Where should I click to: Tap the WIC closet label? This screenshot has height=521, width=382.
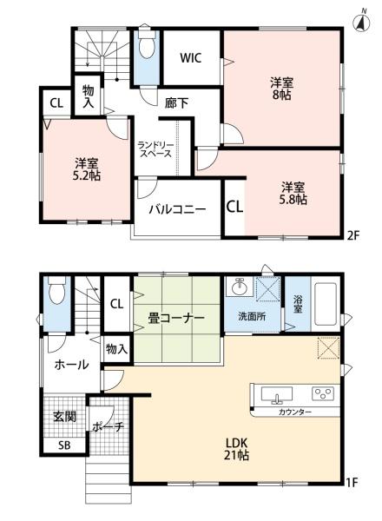coord(191,58)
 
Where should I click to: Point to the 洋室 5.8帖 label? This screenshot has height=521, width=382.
coord(293,193)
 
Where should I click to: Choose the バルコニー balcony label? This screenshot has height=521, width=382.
coord(176,209)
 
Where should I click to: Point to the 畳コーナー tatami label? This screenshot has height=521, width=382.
coord(175,318)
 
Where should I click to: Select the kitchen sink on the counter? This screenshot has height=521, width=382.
coord(277,394)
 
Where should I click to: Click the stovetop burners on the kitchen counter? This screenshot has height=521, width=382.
coord(322,392)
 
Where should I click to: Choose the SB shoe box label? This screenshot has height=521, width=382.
coord(63,445)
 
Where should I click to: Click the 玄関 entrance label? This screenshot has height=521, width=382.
coord(65,416)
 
